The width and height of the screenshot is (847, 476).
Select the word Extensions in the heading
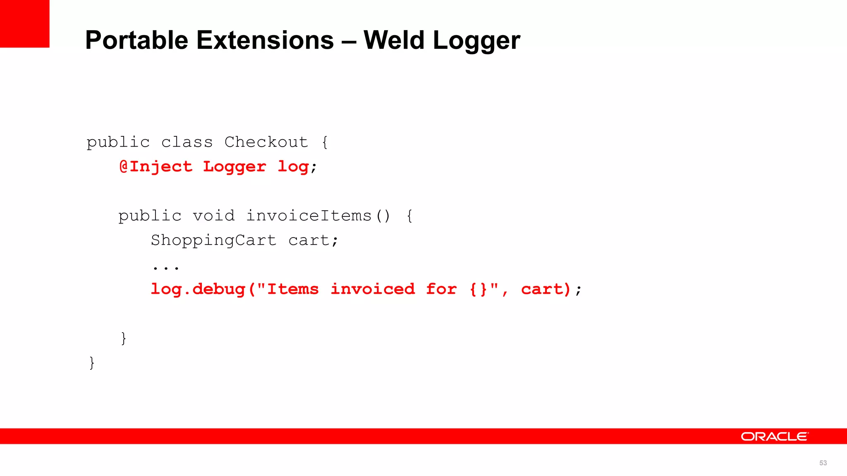click(x=265, y=40)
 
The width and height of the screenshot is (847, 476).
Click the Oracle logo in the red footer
click(x=774, y=436)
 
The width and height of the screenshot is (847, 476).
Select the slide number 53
click(x=823, y=463)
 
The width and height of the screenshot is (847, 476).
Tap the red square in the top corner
click(x=24, y=24)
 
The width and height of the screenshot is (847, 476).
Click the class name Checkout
click(x=266, y=142)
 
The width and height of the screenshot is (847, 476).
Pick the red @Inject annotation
click(x=156, y=167)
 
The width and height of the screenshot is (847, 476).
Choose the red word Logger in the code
click(x=234, y=167)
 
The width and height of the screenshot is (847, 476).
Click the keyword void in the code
click(x=213, y=216)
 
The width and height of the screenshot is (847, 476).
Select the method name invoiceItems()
click(x=318, y=216)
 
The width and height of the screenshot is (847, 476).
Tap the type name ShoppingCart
click(x=213, y=240)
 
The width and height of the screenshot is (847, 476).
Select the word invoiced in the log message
click(x=373, y=289)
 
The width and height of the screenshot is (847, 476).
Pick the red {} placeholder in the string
click(x=479, y=289)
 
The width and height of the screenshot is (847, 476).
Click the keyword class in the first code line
click(x=187, y=142)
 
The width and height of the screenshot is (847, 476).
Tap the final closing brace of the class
click(x=92, y=363)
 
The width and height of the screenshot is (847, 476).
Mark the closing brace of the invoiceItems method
click(x=123, y=338)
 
